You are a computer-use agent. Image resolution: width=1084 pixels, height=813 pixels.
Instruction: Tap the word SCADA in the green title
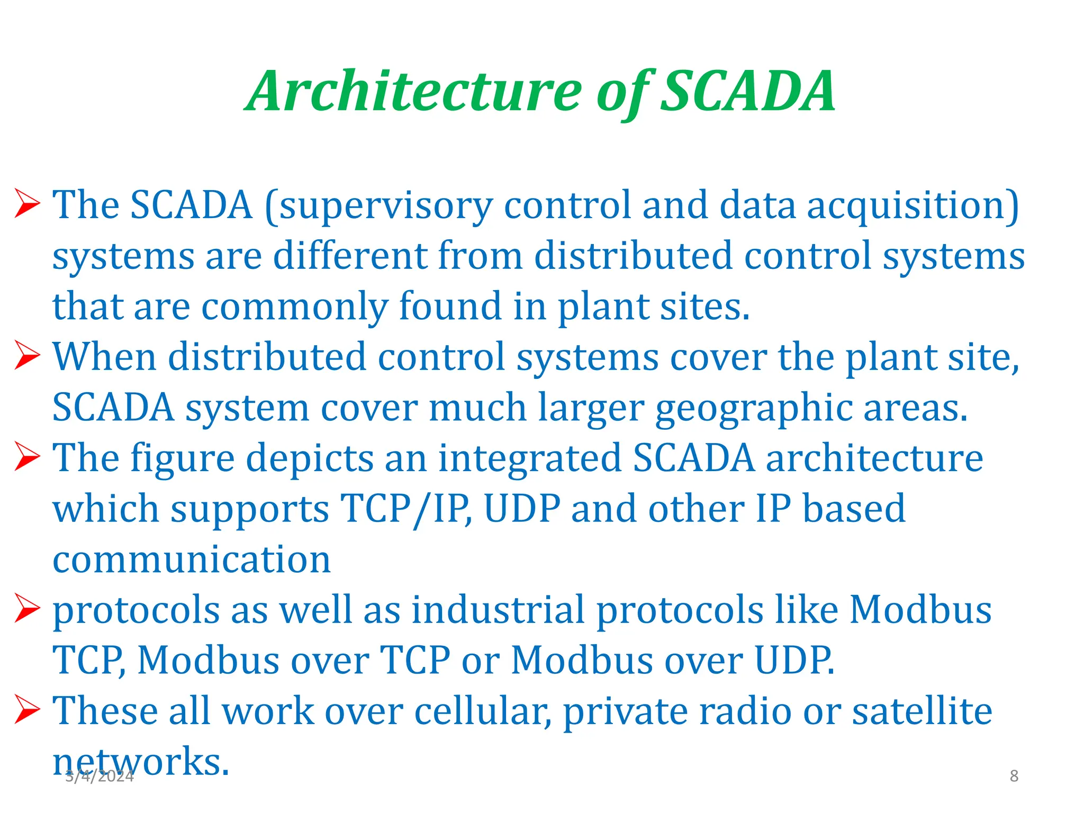coord(748,93)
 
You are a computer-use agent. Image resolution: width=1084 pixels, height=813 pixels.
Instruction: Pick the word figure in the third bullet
coord(183,458)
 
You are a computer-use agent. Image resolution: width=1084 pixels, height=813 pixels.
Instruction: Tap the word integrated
coord(530,458)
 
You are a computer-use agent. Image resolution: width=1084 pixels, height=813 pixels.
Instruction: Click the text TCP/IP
coord(405,509)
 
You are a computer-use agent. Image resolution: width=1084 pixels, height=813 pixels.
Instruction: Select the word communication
coord(192,559)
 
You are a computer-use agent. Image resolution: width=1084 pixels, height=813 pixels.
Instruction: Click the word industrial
coord(498,610)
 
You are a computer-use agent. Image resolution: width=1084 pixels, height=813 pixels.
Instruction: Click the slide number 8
coord(1014,776)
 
